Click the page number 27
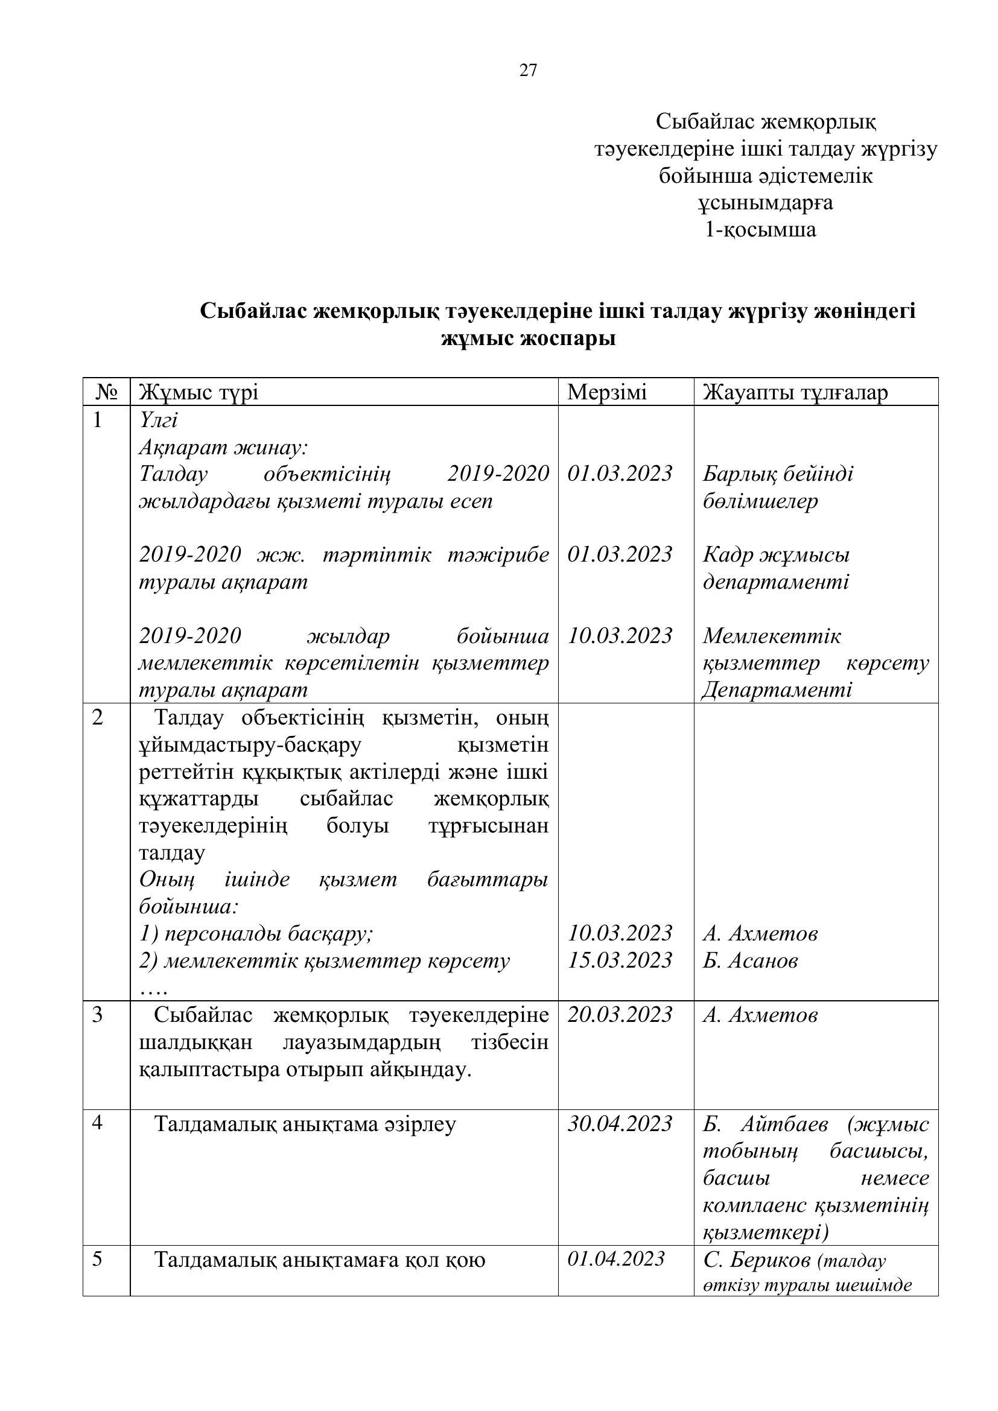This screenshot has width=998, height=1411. point(528,71)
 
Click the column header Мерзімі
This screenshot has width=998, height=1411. point(606,392)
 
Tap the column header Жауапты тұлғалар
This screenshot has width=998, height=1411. point(795,392)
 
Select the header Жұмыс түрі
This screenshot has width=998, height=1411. point(199,392)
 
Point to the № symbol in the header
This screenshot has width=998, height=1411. point(107,392)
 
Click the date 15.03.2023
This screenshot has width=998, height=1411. point(620,960)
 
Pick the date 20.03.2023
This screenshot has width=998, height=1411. point(620,1015)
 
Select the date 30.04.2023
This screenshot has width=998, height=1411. point(620,1124)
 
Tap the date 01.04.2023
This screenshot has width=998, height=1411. point(616,1259)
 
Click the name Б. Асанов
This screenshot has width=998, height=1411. point(751,960)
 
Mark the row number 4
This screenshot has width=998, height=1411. point(98,1123)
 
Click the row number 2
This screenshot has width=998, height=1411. point(98,717)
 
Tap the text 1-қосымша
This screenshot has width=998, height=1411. point(761,230)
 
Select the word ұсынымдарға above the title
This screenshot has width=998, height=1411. point(765,203)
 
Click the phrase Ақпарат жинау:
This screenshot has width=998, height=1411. point(223,447)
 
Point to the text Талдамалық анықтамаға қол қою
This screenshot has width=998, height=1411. point(320,1260)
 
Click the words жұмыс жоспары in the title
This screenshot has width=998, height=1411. point(528,338)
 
